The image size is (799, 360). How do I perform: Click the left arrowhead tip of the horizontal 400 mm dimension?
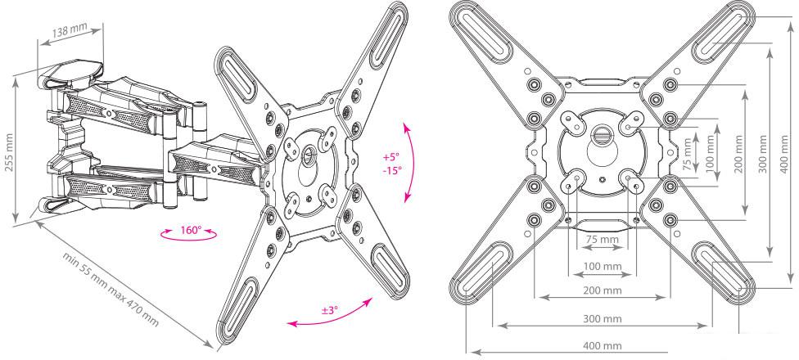472,351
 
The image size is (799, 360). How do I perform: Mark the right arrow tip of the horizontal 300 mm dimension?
707,325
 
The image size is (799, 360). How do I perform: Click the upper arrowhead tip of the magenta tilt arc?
406,123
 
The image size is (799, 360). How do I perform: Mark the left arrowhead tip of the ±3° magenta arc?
287,324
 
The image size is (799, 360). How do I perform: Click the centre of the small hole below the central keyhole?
603,179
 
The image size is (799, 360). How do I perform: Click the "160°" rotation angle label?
191,230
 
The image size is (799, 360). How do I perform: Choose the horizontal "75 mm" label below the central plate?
603,240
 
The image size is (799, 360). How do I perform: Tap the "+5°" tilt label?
391,156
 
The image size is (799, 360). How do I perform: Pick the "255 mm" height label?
9,152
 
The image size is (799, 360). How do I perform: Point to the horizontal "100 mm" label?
603,266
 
